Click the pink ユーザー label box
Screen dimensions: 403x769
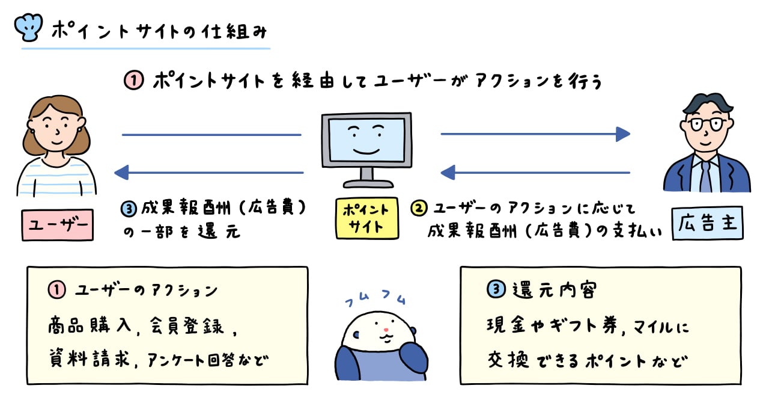[x=58, y=224]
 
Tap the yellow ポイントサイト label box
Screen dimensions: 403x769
[x=366, y=218]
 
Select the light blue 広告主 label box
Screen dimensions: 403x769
[x=707, y=224]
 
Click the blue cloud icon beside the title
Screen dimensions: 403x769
[x=28, y=26]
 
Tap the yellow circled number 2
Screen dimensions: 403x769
[x=419, y=208]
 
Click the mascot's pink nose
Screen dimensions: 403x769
[x=384, y=330]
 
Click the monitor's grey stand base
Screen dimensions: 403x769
[x=366, y=184]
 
